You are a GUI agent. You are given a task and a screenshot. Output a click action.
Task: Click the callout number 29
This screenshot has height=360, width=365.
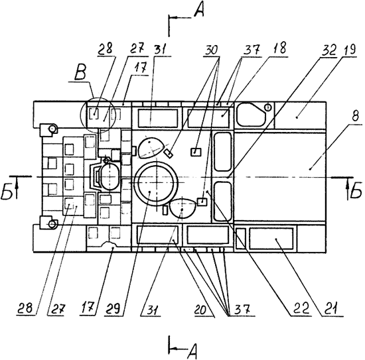[113, 308]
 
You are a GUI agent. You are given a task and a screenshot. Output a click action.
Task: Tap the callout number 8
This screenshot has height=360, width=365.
[355, 116]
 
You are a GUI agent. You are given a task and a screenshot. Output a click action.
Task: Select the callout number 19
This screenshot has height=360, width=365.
[348, 50]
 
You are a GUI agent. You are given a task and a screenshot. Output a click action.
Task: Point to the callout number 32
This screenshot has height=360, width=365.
[328, 50]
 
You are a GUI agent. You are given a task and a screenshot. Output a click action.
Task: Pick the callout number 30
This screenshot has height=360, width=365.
[211, 50]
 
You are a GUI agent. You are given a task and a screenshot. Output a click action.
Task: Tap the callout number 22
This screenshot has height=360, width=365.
[301, 309]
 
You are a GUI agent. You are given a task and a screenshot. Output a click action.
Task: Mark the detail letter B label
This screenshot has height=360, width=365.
[80, 73]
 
